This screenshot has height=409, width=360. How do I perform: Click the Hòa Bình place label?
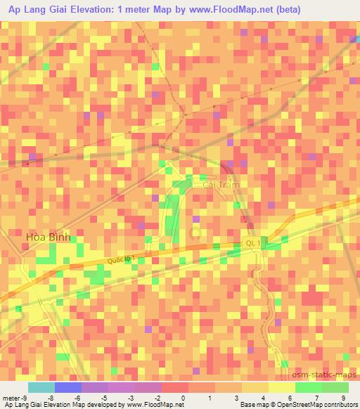[49, 238]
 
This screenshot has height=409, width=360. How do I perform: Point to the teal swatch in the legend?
[41, 387]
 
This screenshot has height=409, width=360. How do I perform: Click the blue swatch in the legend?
[68, 387]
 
